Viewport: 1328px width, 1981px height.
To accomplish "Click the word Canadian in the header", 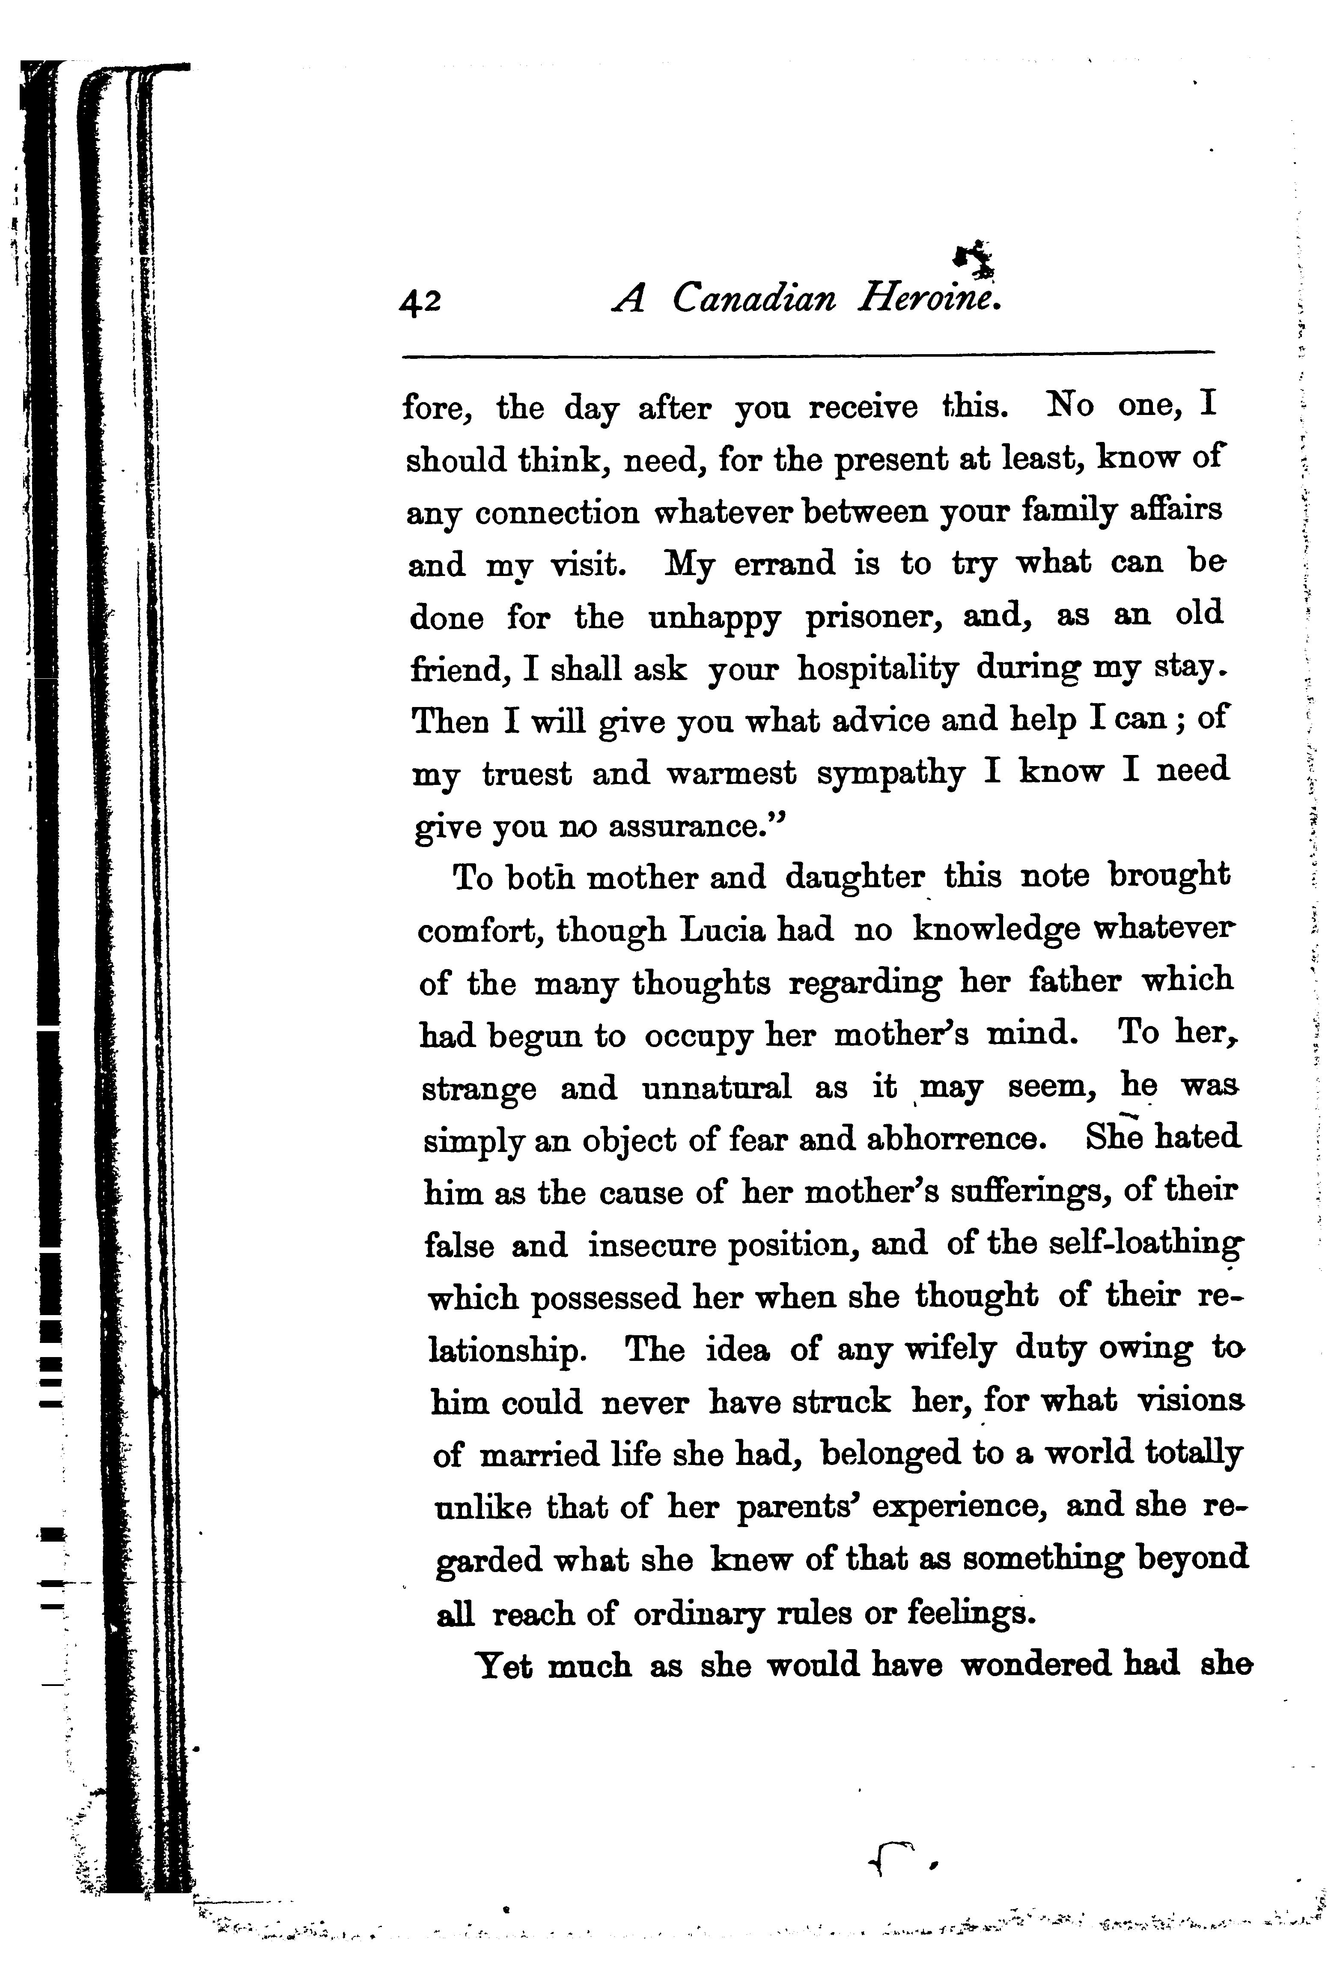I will coord(754,298).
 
